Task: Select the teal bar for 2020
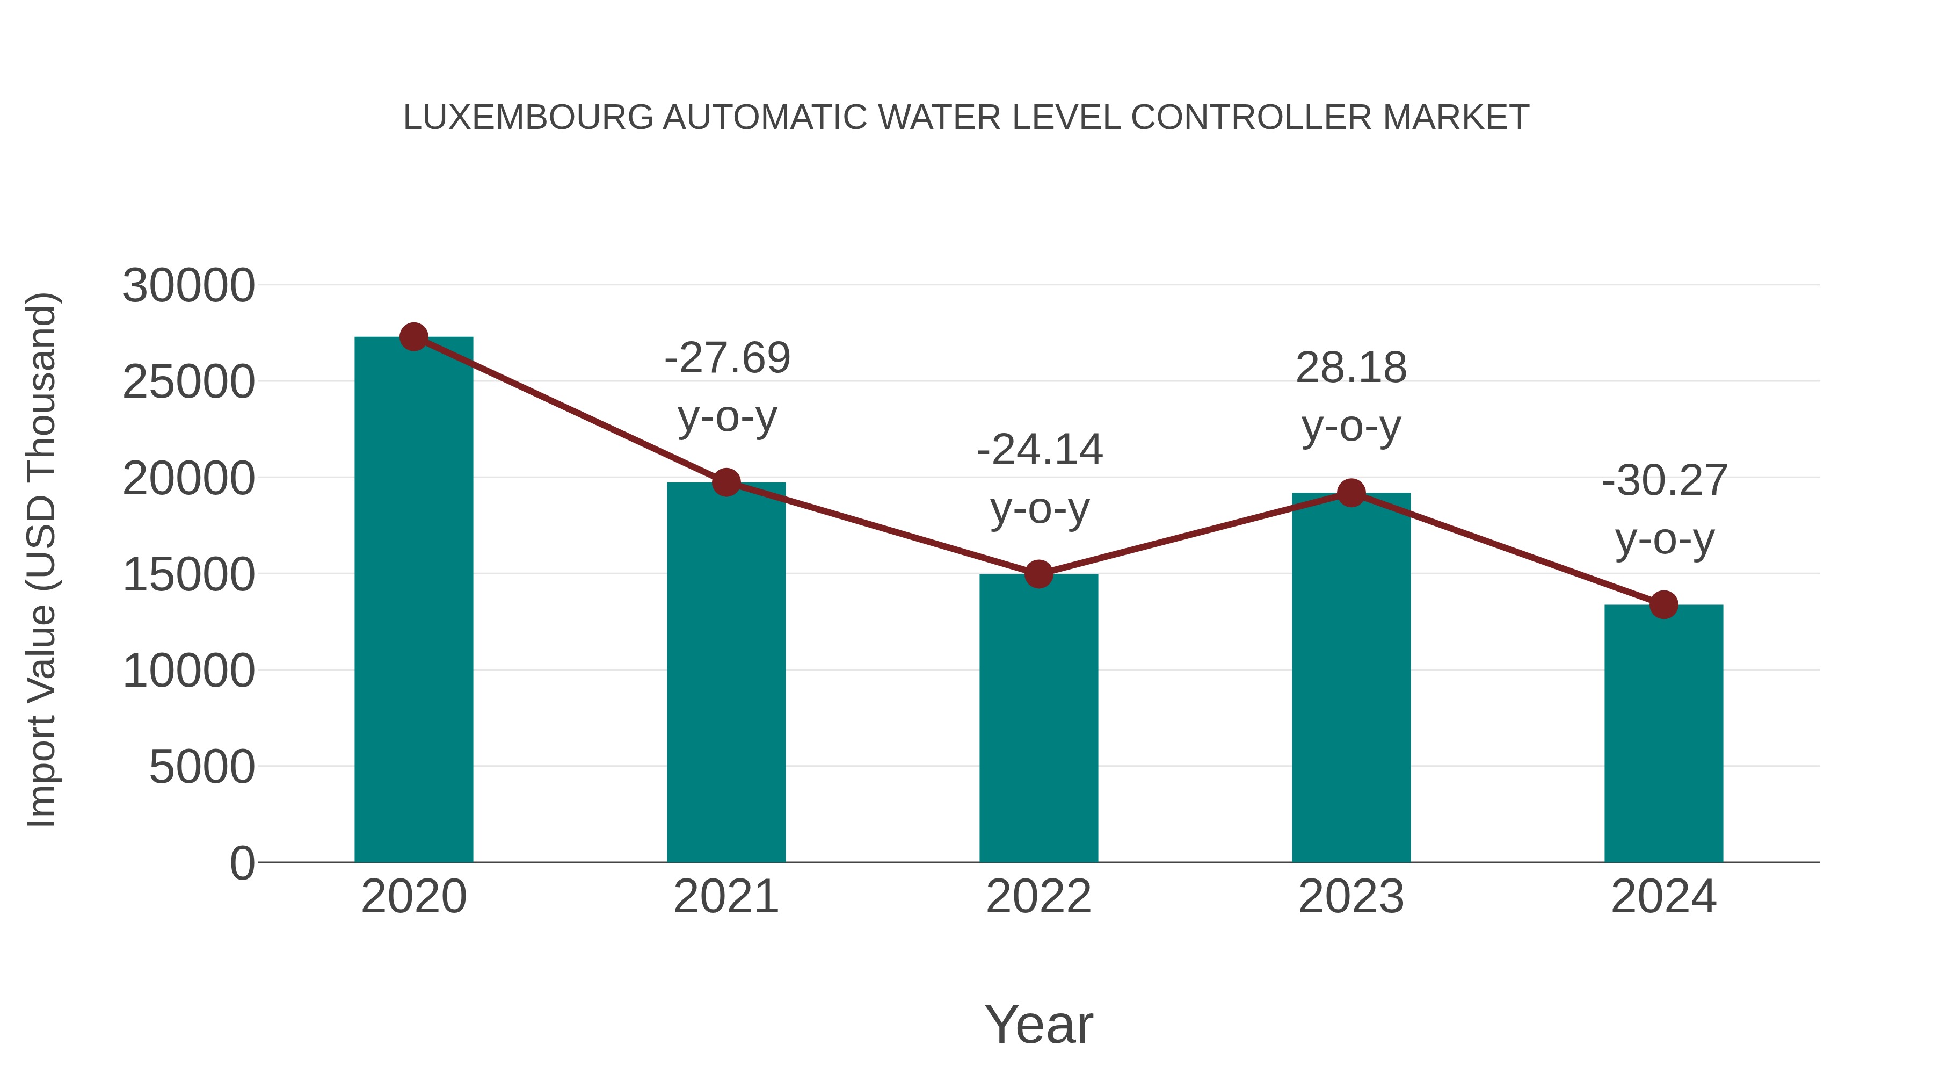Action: pos(413,601)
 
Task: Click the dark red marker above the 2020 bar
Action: pos(413,337)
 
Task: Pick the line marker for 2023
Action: pos(1351,493)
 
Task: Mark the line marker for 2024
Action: pos(1663,604)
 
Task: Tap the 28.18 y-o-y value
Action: pos(1351,368)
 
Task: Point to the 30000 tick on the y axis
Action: pos(188,286)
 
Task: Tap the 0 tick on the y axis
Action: pos(242,863)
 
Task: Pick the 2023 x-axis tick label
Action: pos(1351,897)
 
